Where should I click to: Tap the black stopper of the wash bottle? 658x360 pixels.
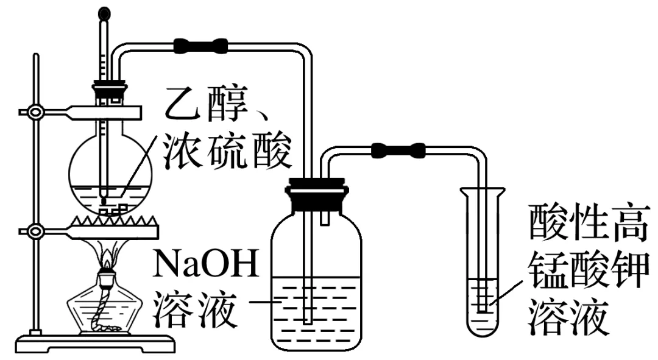[x=316, y=194]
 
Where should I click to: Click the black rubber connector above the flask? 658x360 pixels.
[x=201, y=44]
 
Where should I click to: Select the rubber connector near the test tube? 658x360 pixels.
[x=399, y=149]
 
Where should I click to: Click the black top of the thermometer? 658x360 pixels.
[x=106, y=12]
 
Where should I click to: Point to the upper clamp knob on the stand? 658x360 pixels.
[x=35, y=112]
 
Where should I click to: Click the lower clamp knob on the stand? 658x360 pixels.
[x=35, y=231]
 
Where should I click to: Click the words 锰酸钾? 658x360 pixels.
[x=589, y=268]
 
